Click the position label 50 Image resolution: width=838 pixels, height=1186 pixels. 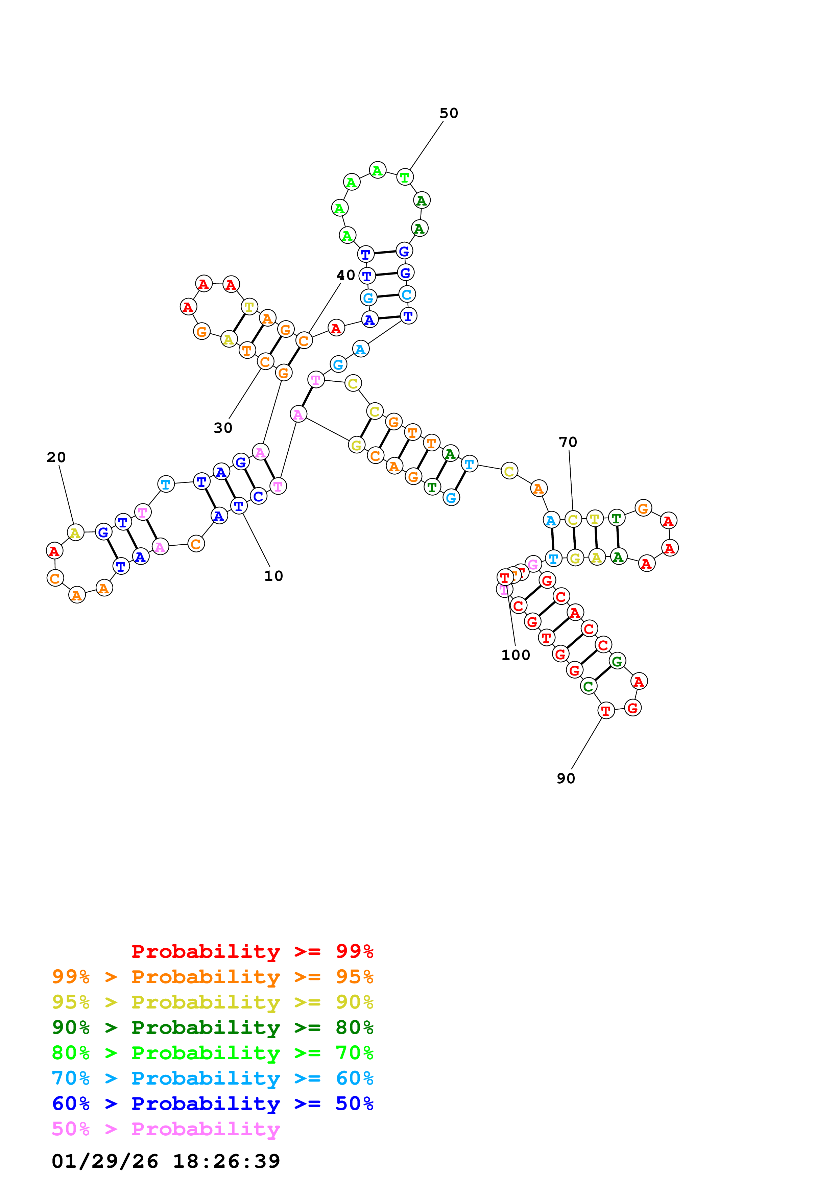point(448,113)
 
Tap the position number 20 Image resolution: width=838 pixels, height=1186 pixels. point(56,457)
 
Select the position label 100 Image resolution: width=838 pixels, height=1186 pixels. point(515,655)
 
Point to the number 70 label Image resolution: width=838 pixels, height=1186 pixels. point(568,442)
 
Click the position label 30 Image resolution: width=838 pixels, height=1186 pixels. point(223,428)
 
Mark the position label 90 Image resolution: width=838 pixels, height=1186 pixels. point(566,779)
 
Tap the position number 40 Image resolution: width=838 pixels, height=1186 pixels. point(345,275)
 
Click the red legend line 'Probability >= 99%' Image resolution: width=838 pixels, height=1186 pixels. point(252,951)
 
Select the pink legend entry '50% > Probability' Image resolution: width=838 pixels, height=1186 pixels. point(166,1129)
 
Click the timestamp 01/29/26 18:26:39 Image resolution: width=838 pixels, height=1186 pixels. point(166,1161)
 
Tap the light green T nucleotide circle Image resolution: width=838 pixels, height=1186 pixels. point(405,177)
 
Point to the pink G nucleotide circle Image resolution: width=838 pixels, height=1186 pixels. point(533,564)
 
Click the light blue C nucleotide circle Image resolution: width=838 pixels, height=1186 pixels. point(407,294)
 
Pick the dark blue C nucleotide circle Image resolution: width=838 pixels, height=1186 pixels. point(258,496)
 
